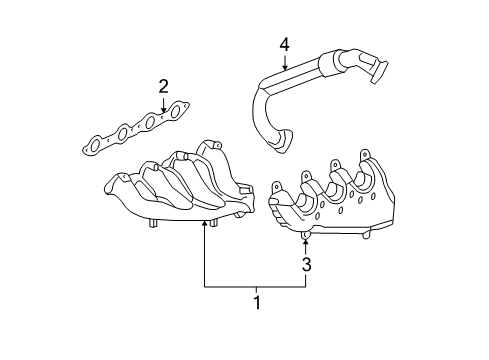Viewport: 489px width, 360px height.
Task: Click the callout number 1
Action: click(257, 301)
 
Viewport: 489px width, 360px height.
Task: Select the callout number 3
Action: click(307, 265)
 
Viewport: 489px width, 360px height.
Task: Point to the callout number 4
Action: click(283, 44)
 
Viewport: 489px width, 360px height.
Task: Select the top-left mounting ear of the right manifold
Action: click(279, 187)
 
